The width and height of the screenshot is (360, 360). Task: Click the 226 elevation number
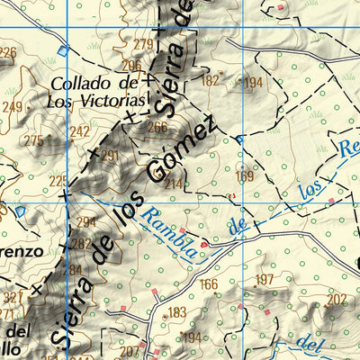7,53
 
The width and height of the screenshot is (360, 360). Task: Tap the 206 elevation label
132,65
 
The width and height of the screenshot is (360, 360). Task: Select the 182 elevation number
210,80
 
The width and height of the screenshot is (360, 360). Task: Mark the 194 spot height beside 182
253,83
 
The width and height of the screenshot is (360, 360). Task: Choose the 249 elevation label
12,108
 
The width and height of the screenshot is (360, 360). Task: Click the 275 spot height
33,140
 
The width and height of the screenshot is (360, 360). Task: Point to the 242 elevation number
80,131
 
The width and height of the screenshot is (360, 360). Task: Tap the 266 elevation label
157,127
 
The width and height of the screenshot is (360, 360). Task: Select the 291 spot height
109,156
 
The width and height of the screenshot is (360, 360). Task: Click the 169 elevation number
244,176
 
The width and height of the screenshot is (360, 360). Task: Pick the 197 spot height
264,281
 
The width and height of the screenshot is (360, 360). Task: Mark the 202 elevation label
337,299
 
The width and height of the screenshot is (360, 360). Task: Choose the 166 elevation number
209,285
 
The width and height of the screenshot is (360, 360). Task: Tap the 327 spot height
11,297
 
